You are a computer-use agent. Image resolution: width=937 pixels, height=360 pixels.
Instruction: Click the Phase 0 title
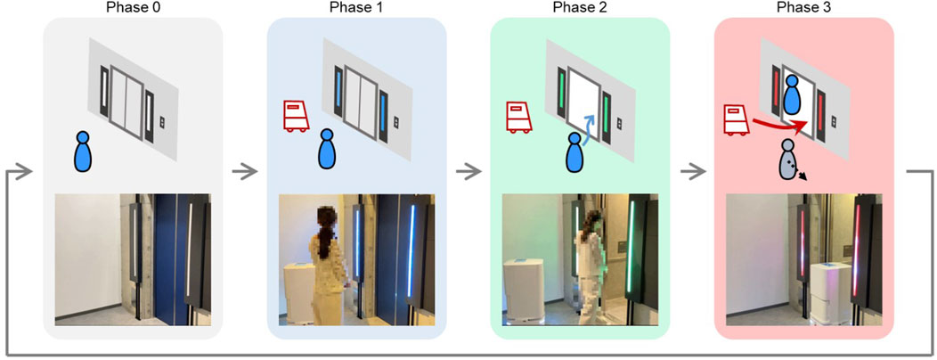133,7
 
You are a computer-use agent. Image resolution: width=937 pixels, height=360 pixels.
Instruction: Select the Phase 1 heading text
357,7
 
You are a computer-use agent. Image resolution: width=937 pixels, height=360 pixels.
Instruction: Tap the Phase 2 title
580,7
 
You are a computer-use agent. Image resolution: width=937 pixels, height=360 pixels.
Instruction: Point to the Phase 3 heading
804,7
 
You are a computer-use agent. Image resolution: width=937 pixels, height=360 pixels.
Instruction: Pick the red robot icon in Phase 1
295,116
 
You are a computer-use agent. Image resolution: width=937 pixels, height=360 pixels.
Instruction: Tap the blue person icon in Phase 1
326,151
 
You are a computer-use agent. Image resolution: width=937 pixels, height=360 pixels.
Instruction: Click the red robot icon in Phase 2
518,116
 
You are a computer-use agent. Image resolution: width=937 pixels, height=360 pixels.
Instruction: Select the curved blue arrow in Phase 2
590,129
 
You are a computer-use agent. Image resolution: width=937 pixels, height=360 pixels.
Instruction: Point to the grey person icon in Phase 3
789,160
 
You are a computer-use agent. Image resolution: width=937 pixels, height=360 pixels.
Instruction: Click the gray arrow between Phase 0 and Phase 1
244,173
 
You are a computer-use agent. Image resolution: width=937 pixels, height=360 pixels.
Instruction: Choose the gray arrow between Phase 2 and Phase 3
692,173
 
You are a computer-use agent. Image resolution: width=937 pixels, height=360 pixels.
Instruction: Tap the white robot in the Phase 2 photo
525,290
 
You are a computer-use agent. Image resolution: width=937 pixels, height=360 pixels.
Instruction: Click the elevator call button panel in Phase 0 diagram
162,123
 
